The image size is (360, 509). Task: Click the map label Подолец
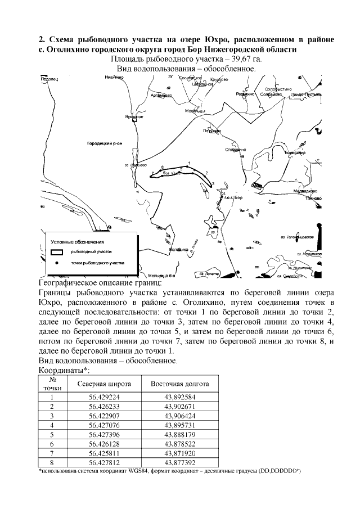50,79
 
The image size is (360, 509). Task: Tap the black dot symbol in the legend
56,263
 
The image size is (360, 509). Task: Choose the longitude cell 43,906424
179,416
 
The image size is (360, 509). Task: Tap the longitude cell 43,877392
179,463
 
